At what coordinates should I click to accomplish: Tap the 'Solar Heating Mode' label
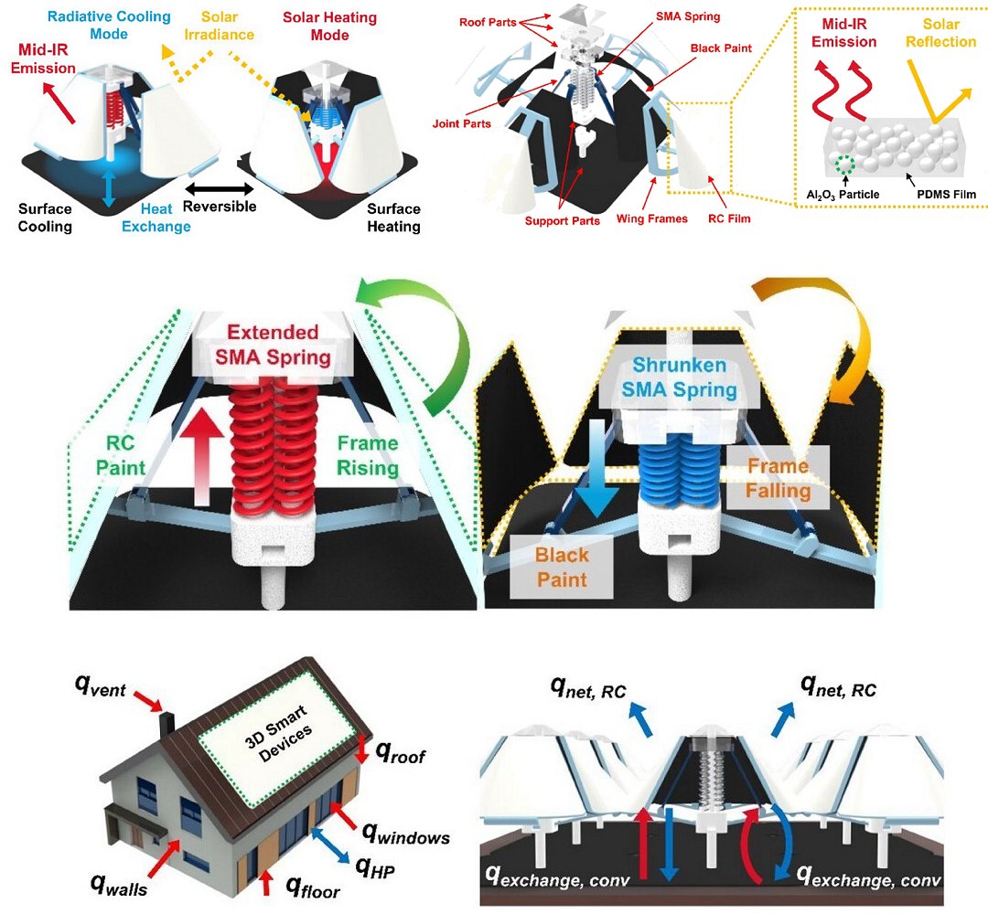tap(329, 27)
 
